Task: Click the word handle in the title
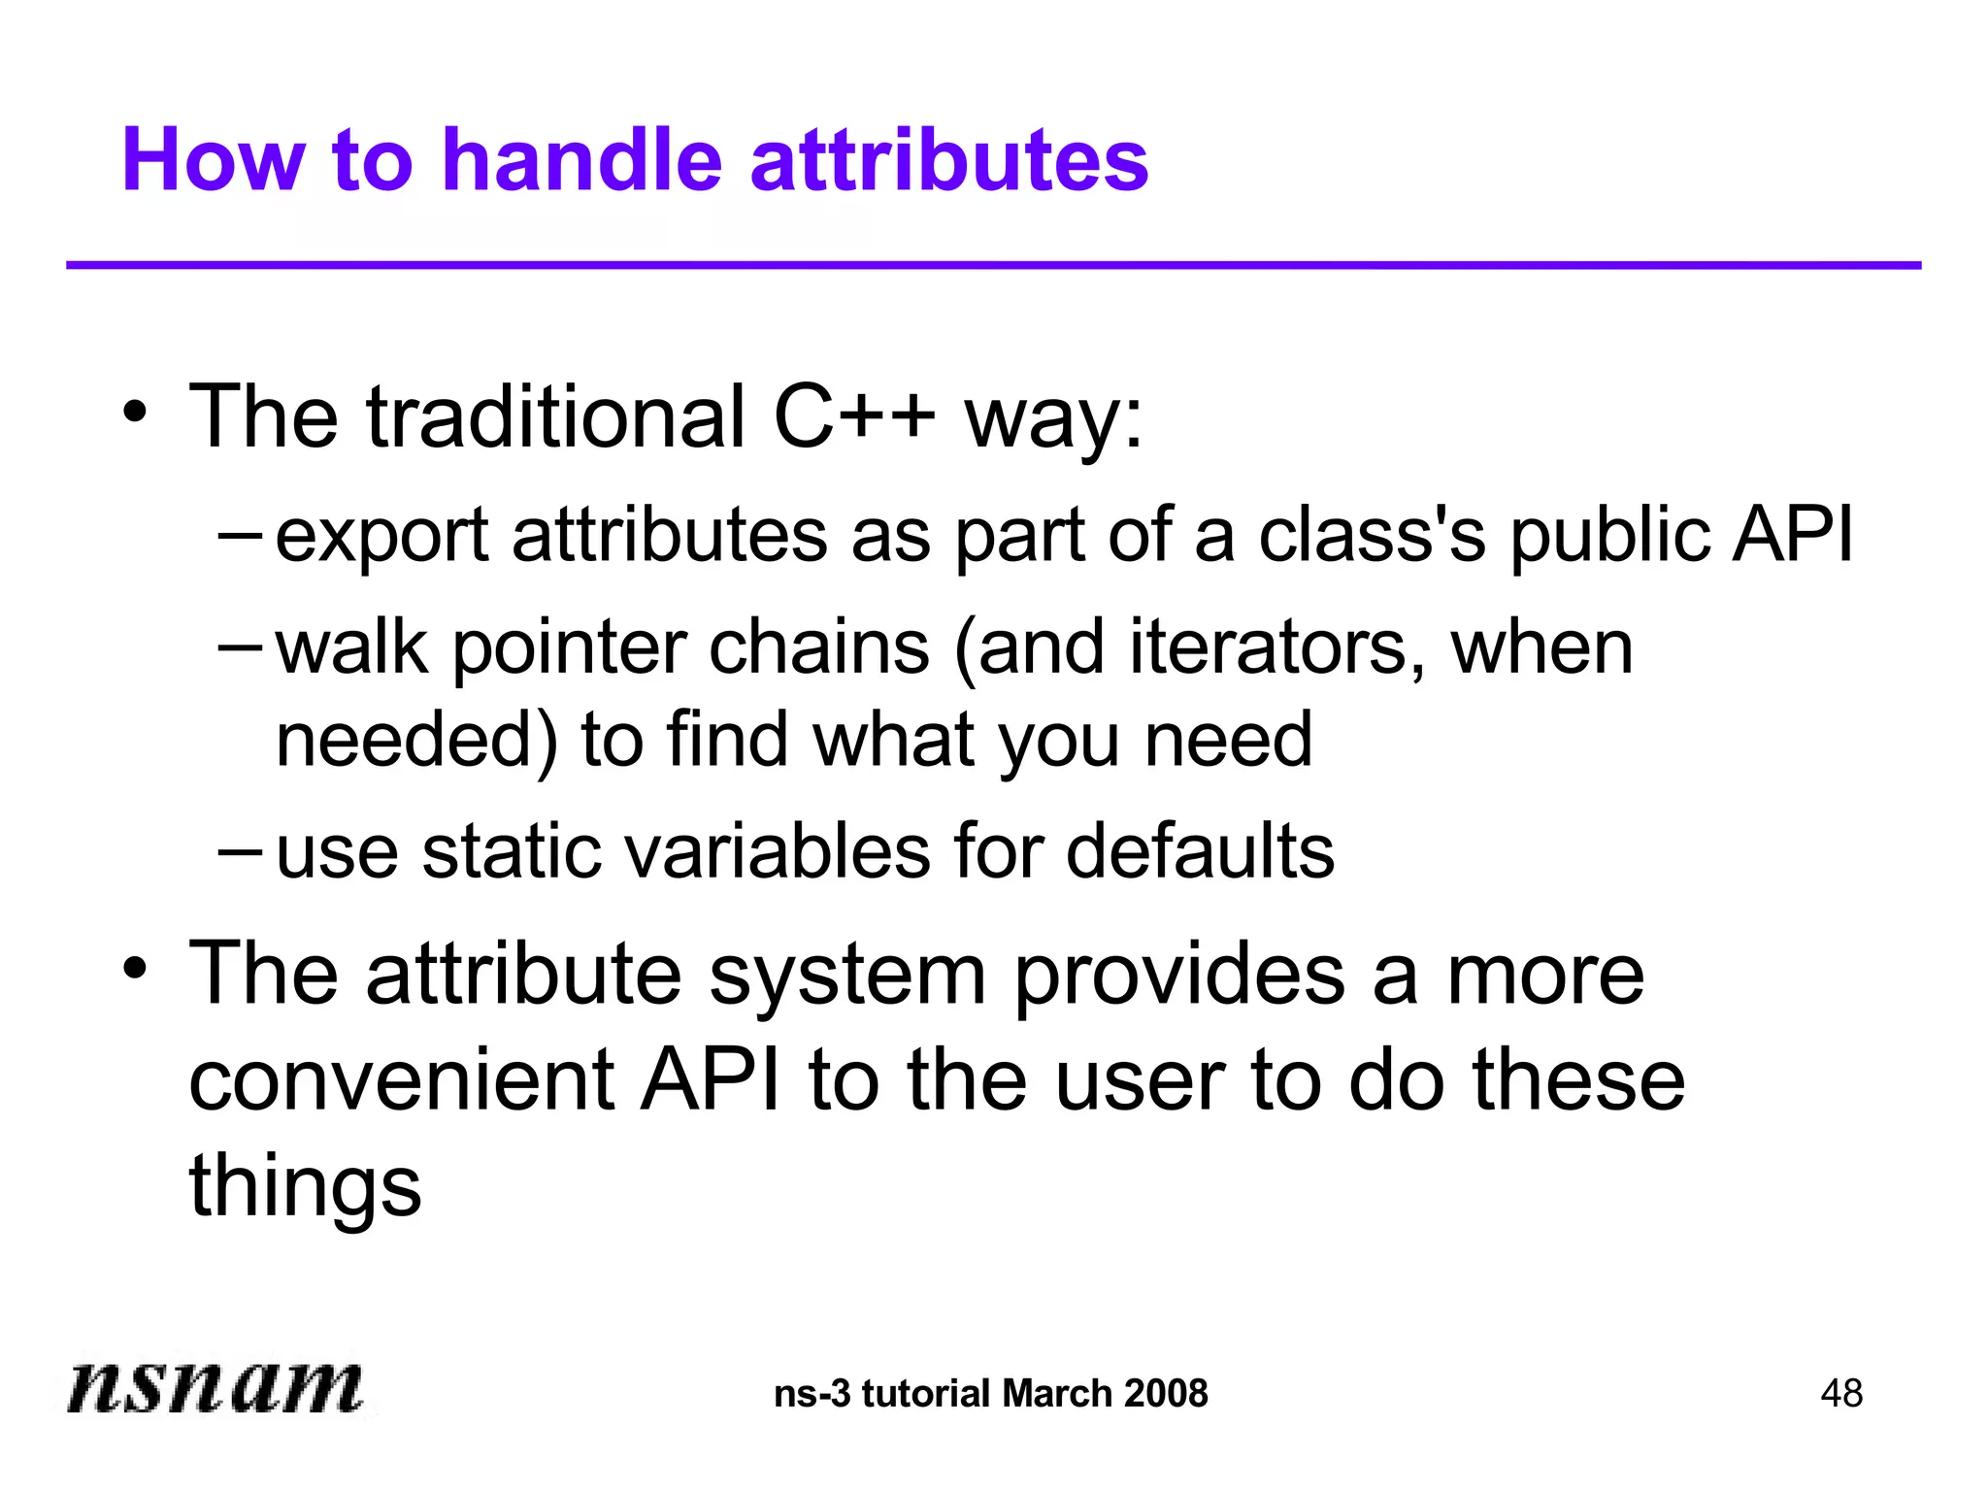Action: point(581,160)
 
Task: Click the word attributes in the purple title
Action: point(948,160)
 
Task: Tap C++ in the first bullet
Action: point(854,417)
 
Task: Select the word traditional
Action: point(555,417)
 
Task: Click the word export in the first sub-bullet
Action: point(381,536)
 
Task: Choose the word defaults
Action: point(1200,852)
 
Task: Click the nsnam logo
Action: point(215,1386)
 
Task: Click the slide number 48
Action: point(1841,1394)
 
